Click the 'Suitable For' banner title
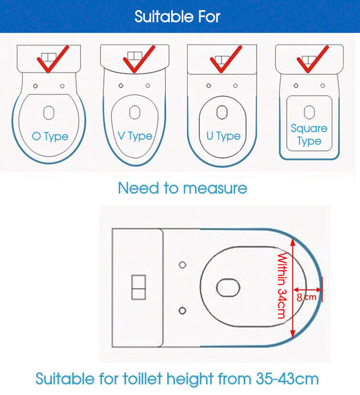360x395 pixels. [177, 17]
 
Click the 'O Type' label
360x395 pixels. [50, 136]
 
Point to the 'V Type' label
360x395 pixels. [135, 136]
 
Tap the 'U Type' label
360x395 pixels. [223, 136]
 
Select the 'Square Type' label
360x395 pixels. [309, 134]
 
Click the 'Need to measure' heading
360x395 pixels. [183, 188]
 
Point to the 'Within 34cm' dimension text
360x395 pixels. [282, 286]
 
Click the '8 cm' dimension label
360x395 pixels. [307, 297]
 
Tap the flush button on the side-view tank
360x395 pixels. [139, 287]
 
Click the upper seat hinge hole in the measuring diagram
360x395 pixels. [182, 265]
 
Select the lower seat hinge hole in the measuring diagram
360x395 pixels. [182, 310]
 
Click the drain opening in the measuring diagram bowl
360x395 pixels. [228, 287]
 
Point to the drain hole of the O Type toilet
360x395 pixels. [49, 112]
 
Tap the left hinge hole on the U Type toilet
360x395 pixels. [208, 86]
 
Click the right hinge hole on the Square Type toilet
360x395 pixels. [323, 86]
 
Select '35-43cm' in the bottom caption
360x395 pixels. [288, 379]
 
